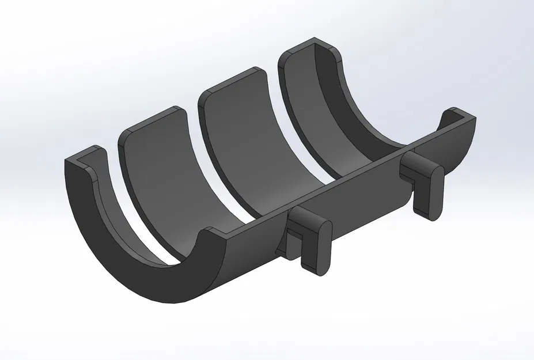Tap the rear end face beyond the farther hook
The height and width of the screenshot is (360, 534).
click(461, 144)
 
